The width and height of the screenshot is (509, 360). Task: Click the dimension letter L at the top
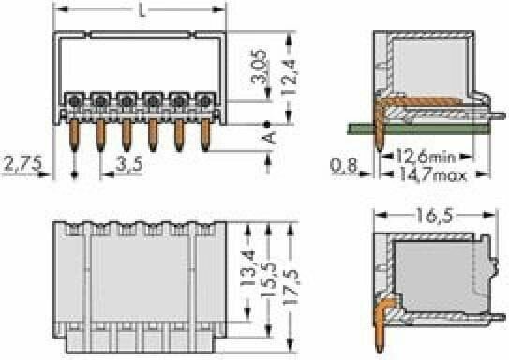142,10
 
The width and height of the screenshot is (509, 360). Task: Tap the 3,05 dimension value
261,67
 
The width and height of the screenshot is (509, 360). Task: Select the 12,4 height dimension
289,77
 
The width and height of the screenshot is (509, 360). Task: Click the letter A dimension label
269,138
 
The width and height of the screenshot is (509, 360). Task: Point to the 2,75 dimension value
22,164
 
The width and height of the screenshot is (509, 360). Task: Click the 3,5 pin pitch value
129,164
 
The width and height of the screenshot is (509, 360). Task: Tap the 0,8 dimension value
343,165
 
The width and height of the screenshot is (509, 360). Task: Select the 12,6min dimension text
426,157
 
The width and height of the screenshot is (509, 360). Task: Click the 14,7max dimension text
433,175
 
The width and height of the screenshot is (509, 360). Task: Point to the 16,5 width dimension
434,216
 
